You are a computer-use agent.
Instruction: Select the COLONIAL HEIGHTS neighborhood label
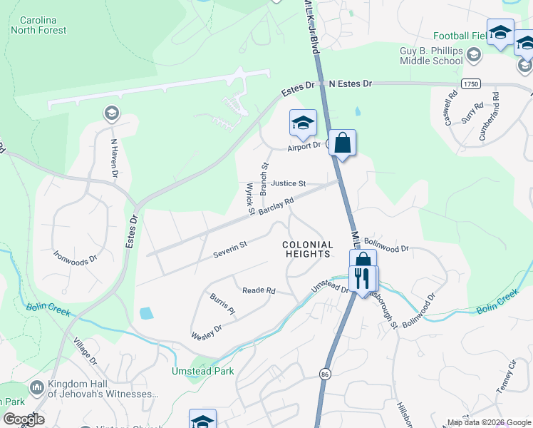coord(309,249)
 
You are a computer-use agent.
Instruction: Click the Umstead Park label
coord(202,371)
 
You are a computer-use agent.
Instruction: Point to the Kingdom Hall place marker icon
coord(36,389)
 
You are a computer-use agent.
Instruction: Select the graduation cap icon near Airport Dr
coord(303,123)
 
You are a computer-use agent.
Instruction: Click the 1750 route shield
coord(470,84)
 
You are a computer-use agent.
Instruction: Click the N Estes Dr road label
coord(351,84)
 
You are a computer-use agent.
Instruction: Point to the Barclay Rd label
coord(276,206)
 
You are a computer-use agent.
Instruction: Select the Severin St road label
coord(229,250)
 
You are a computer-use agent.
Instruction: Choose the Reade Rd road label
coord(259,290)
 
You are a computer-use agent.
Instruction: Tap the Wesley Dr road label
coord(207,332)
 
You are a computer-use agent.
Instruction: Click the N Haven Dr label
coord(113,157)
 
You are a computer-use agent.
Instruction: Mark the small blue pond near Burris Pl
coord(146,313)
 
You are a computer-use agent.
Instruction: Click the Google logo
coord(24,419)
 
